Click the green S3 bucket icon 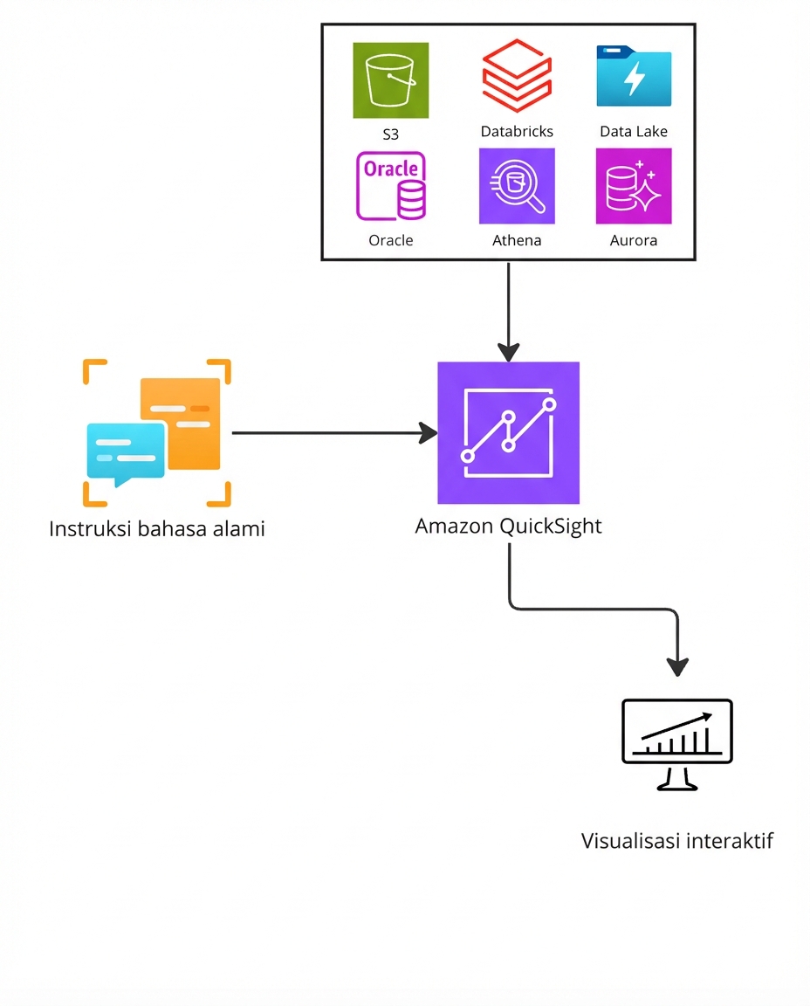pyautogui.click(x=390, y=79)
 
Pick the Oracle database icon pyautogui.click(x=390, y=186)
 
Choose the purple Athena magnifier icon pyautogui.click(x=517, y=186)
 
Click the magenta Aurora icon pyautogui.click(x=634, y=186)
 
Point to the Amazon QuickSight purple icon pyautogui.click(x=508, y=432)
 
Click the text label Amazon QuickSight pyautogui.click(x=508, y=527)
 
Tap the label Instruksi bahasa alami pyautogui.click(x=157, y=528)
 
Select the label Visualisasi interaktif pyautogui.click(x=677, y=841)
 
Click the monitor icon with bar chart pyautogui.click(x=677, y=743)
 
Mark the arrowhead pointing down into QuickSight pyautogui.click(x=508, y=352)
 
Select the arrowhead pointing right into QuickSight pyautogui.click(x=428, y=432)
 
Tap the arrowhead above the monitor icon pyautogui.click(x=677, y=665)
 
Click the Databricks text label pyautogui.click(x=517, y=132)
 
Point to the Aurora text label pyautogui.click(x=634, y=240)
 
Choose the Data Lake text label pyautogui.click(x=634, y=132)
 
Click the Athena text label pyautogui.click(x=517, y=240)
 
